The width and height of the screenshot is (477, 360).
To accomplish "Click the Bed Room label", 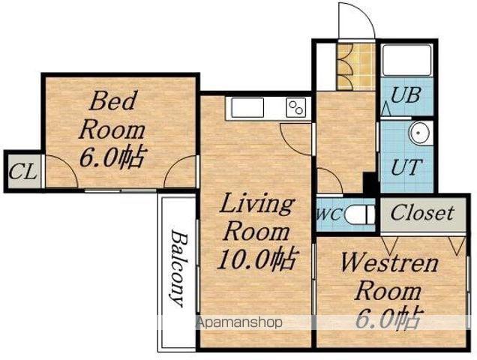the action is [x=112, y=115].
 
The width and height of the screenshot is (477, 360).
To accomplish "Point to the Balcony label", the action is [x=178, y=268].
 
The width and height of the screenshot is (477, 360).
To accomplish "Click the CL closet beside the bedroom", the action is [x=24, y=172].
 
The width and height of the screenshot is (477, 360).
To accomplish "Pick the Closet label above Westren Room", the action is [x=422, y=213].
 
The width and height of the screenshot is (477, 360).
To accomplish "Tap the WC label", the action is [x=329, y=214].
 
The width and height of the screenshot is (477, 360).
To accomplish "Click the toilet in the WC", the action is [x=359, y=214].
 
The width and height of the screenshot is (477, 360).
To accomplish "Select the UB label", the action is [x=406, y=94].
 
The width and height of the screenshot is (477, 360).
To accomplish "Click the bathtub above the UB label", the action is [x=407, y=60].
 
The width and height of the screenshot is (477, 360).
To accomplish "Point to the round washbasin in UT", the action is [x=419, y=133].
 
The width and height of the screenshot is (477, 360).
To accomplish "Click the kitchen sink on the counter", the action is [x=247, y=107].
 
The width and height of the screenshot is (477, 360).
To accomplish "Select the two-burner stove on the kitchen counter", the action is [x=296, y=107].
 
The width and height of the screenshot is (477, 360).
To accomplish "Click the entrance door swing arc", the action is [x=359, y=15].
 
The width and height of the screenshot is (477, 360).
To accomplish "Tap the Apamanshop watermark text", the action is [x=239, y=322].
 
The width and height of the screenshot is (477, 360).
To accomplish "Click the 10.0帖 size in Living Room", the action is [x=256, y=259].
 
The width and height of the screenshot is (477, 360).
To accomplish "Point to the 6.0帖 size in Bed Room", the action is [x=112, y=157].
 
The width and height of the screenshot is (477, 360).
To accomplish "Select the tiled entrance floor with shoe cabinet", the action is [x=356, y=67].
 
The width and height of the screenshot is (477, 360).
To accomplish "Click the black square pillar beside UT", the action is [x=370, y=183].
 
